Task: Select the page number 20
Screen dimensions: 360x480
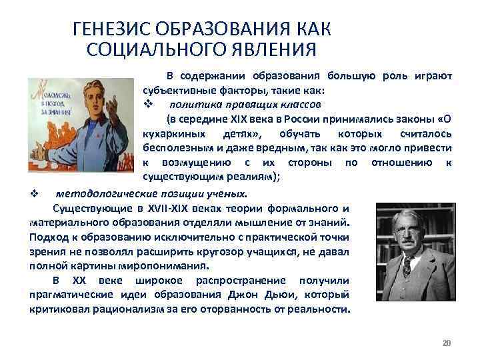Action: pyautogui.click(x=447, y=343)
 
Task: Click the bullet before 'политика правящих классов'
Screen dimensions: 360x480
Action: pyautogui.click(x=149, y=105)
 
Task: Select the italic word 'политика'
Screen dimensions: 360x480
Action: pyautogui.click(x=194, y=105)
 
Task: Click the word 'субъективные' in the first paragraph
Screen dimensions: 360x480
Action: pyautogui.click(x=175, y=90)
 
